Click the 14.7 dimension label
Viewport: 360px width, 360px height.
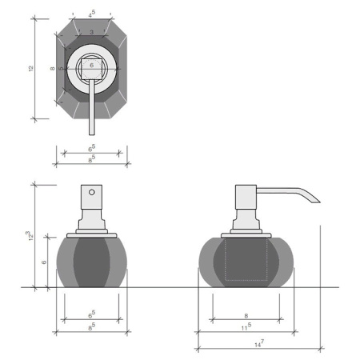[x=259, y=343]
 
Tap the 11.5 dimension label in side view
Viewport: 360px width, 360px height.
[x=246, y=326]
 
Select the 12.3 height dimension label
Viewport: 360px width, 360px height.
[x=30, y=236]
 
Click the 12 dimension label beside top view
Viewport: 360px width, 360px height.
[x=31, y=68]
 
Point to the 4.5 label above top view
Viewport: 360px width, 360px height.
[x=92, y=14]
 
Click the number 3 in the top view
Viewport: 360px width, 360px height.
[x=91, y=32]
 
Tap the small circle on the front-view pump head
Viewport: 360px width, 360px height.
[x=92, y=192]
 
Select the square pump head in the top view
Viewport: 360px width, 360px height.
[x=91, y=69]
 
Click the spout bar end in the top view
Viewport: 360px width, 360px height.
[x=92, y=134]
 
